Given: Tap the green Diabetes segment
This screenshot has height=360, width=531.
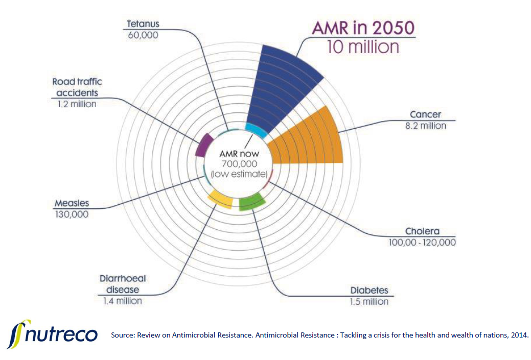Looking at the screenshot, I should (x=251, y=202).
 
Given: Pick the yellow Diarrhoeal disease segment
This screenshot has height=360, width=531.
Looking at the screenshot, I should (x=220, y=199).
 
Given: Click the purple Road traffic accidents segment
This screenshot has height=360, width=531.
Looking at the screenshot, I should (x=204, y=145).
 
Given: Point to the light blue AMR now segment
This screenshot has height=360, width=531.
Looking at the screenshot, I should (x=256, y=130).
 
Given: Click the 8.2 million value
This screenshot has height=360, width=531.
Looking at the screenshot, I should (x=425, y=125).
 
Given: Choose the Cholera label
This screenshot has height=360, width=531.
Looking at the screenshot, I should (x=422, y=231).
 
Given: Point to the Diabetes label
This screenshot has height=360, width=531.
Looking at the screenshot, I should (x=369, y=291).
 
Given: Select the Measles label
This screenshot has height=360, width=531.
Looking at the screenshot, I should (x=72, y=204).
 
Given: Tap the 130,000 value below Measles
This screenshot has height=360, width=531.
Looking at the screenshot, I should (x=72, y=214).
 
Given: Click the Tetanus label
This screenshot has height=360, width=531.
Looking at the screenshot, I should (x=143, y=24).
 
